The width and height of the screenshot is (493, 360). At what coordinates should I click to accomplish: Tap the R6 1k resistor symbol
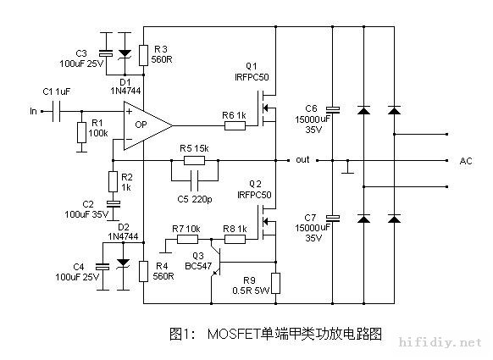click(235, 125)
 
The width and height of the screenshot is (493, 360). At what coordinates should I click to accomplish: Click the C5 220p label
click(194, 198)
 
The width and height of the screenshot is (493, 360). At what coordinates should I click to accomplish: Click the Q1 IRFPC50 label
click(252, 70)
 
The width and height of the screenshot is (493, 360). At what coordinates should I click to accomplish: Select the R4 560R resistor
click(142, 270)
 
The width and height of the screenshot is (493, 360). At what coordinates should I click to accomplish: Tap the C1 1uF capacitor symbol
click(57, 109)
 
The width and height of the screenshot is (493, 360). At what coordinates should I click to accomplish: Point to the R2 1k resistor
click(113, 181)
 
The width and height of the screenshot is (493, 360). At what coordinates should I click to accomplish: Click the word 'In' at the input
click(33, 110)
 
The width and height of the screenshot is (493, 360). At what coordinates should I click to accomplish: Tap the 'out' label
click(302, 159)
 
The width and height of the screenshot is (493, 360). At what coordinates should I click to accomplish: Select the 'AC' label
click(465, 160)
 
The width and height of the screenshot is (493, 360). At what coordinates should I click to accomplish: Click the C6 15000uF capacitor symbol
click(332, 111)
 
